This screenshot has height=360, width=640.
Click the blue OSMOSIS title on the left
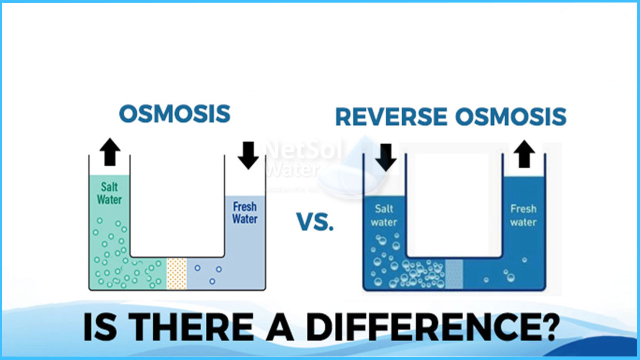coord(174,114)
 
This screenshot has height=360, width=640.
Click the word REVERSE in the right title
coord(391,116)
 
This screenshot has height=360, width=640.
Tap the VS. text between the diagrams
coord(315,221)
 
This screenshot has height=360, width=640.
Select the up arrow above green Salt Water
coord(110,152)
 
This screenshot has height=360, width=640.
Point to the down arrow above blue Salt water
coord(385,157)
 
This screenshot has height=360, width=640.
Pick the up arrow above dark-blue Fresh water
coord(523,154)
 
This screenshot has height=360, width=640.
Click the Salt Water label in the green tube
coord(109,193)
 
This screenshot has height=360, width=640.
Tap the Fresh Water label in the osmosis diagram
coord(245,212)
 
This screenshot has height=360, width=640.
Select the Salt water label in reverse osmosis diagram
coord(383,215)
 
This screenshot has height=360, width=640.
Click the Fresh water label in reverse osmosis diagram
coord(523,215)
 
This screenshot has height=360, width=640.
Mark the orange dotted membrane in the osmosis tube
coord(176,273)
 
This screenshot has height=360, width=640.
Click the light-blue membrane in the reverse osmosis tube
coord(453,274)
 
